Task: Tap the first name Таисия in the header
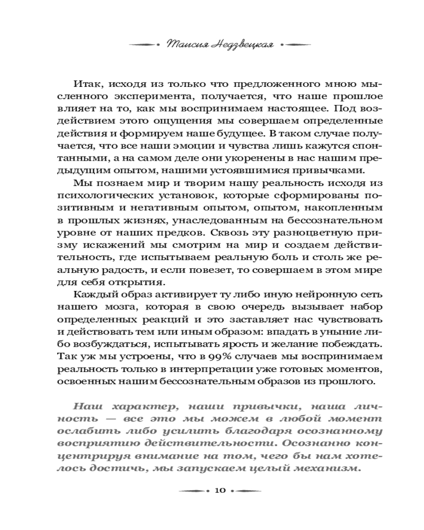point(184,45)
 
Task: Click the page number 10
point(220,490)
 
